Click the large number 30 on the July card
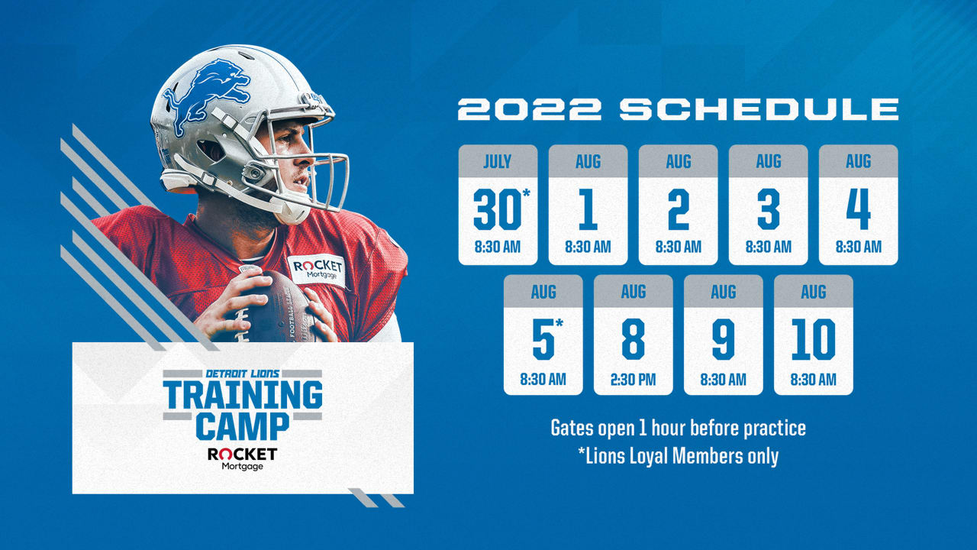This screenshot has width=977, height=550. (497, 209)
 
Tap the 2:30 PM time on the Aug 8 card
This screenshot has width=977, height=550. (633, 380)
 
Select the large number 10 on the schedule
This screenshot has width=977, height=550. (814, 339)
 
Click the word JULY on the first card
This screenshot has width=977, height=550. (497, 161)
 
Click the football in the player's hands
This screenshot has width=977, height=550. (279, 308)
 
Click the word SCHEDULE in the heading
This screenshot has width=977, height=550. (759, 109)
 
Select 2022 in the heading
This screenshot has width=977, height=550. (530, 109)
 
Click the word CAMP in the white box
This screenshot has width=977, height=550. (243, 426)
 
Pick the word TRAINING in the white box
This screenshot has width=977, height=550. (243, 395)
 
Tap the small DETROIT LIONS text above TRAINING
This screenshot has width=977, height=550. (243, 374)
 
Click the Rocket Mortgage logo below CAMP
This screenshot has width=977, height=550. (242, 459)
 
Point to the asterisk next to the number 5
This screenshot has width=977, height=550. (559, 323)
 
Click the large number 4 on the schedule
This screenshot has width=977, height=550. (859, 209)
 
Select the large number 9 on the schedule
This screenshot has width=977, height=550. (723, 339)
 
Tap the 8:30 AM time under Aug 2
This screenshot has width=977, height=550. (679, 247)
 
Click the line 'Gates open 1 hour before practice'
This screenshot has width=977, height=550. (679, 428)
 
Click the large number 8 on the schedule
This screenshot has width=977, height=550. (633, 339)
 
